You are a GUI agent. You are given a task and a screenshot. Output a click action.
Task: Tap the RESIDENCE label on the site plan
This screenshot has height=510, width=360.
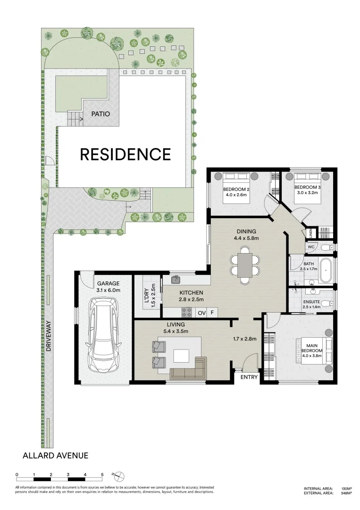pyautogui.click(x=126, y=154)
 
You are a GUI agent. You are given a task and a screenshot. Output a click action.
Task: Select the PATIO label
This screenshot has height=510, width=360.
pyautogui.click(x=100, y=114)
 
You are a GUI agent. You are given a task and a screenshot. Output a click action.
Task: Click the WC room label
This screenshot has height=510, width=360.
pyautogui.click(x=311, y=247)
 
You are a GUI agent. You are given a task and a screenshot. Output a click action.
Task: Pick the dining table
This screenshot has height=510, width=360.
pyautogui.click(x=245, y=265)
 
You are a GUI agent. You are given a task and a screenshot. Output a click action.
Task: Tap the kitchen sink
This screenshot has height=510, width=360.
pyautogui.click(x=176, y=279)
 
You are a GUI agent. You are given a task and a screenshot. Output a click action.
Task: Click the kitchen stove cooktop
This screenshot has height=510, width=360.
pyautogui.click(x=186, y=313)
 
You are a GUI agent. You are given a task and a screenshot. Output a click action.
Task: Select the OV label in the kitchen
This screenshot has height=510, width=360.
pyautogui.click(x=202, y=313)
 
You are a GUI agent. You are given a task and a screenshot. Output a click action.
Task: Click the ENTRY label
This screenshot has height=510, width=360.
pyautogui.click(x=249, y=377)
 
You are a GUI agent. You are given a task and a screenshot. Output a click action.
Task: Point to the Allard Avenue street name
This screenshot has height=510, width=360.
pyautogui.click(x=56, y=455)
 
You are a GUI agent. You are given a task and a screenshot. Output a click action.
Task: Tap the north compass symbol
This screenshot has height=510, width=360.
pyautogui.click(x=119, y=476)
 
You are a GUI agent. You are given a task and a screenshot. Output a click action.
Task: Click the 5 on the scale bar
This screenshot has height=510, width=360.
pyautogui.click(x=102, y=475)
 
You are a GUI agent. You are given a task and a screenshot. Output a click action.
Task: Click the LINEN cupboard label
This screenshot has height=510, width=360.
pyautogui.click(x=310, y=233)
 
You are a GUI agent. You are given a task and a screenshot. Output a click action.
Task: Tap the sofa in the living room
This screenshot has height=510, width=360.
pyautogui.click(x=188, y=367)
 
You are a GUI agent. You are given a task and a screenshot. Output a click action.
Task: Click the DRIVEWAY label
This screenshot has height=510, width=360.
pyautogui.click(x=49, y=336)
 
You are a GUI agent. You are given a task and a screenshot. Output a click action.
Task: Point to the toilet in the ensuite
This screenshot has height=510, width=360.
pyautogui.click(x=329, y=304)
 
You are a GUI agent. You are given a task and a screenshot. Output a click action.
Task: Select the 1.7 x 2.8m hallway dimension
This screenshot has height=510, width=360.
pyautogui.click(x=245, y=339)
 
